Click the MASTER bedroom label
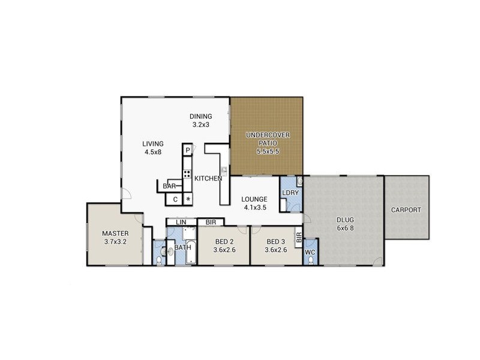click(115, 233)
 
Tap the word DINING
click(200, 116)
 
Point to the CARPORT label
click(406, 210)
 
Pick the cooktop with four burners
click(187, 175)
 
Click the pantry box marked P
click(188, 150)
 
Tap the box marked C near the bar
click(175, 200)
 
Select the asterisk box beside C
click(188, 200)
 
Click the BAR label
click(169, 187)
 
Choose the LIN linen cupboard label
click(181, 223)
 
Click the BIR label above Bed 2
click(211, 223)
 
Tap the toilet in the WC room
click(310, 244)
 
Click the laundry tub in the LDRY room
click(299, 181)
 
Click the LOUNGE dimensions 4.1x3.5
click(255, 208)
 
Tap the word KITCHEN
click(208, 178)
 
